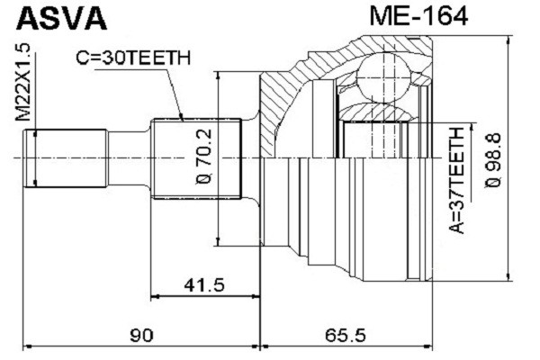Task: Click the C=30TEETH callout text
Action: [x=132, y=59]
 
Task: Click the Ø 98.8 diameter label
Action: [x=493, y=157]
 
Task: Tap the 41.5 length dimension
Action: [x=202, y=285]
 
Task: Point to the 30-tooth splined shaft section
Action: [x=198, y=157]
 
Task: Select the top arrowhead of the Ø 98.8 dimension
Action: [x=509, y=41]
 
